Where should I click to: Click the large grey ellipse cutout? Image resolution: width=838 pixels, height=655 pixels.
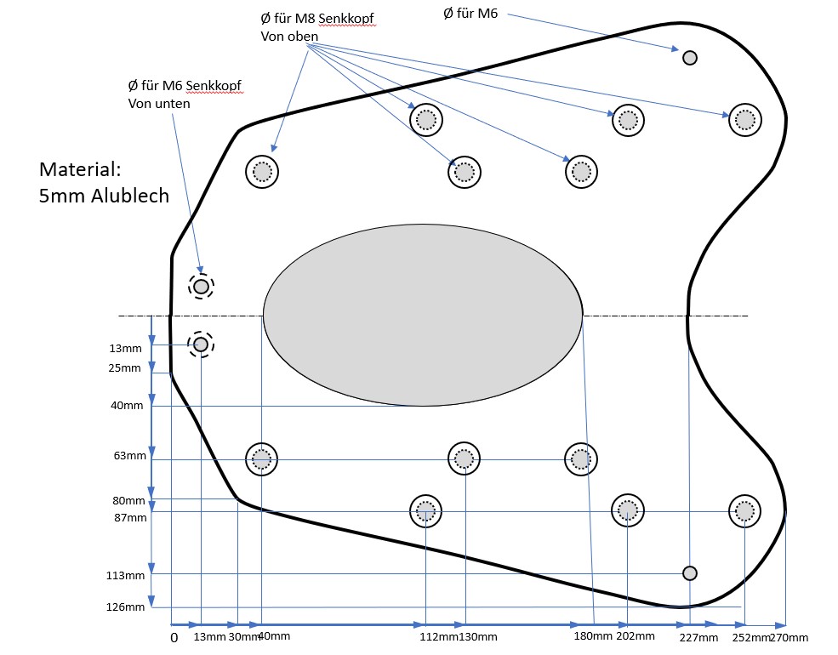pos(423,316)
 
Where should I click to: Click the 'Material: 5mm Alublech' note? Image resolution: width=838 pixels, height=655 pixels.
pos(104,182)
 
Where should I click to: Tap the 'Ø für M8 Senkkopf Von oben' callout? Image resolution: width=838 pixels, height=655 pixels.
pos(316,28)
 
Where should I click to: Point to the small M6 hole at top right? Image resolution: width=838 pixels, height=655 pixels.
pos(690,58)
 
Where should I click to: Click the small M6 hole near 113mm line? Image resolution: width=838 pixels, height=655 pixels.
pos(690,572)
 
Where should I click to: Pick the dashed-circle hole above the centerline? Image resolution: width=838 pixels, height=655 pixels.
pos(201,287)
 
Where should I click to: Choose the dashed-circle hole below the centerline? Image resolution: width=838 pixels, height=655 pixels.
pos(201,345)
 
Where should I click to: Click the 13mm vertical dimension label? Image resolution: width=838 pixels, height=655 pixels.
pos(125,349)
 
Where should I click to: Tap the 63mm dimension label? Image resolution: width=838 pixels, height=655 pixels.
pos(129,456)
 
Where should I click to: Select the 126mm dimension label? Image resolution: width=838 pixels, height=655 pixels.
pos(125,607)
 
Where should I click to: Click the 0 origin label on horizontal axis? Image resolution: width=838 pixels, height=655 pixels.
pos(174,637)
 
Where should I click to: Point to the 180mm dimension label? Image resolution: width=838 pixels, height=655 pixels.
pos(592,635)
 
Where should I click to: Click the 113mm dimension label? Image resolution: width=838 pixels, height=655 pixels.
pos(125,575)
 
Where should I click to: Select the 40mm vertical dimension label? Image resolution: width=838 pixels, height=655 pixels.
pos(127,406)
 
